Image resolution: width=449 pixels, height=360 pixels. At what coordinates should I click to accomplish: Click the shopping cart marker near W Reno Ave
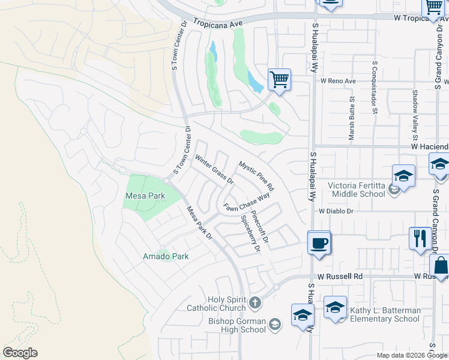click(x=279, y=79)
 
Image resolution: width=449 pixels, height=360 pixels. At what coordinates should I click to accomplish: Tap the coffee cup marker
click(x=319, y=244)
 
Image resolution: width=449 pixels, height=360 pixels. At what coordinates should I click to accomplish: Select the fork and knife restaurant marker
click(x=419, y=238)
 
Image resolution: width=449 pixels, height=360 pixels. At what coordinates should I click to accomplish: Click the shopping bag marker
click(x=440, y=268)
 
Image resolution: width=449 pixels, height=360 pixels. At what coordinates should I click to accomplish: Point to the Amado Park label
click(x=166, y=256)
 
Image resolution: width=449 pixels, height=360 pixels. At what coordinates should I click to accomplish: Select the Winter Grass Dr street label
click(x=214, y=169)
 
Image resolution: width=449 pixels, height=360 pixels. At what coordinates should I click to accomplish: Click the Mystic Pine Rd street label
click(x=256, y=172)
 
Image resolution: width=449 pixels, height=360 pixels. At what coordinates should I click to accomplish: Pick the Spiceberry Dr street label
click(x=250, y=233)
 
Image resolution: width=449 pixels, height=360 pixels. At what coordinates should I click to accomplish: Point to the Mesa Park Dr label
click(x=200, y=223)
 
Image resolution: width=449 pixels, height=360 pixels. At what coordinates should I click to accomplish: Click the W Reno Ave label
click(x=339, y=80)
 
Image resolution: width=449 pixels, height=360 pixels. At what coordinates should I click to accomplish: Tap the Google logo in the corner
click(x=20, y=353)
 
